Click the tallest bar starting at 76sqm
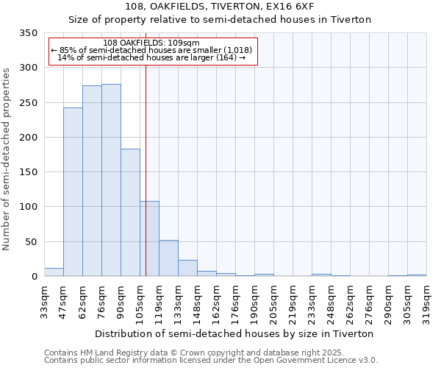[x=111, y=180]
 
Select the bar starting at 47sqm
[x=73, y=192]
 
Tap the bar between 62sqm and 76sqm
[x=92, y=181]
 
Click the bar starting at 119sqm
[x=168, y=258]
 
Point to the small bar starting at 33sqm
[x=54, y=272]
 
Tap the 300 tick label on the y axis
[x=27, y=68]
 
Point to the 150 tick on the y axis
[x=27, y=172]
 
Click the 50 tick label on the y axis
[x=30, y=242]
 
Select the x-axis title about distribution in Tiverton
[x=234, y=333]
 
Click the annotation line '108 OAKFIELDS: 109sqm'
[x=151, y=43]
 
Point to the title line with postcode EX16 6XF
[x=220, y=7]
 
